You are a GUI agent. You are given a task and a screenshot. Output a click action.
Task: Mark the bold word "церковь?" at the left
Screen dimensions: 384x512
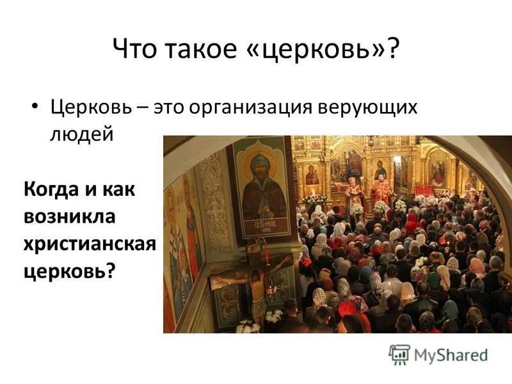(70, 271)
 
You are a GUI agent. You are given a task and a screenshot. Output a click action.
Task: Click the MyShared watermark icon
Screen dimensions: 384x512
(399, 354)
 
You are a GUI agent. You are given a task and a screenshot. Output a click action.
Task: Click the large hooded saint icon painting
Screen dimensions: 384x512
(260, 186)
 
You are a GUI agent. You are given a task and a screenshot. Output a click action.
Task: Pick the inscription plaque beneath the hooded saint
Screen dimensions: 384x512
(262, 226)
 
